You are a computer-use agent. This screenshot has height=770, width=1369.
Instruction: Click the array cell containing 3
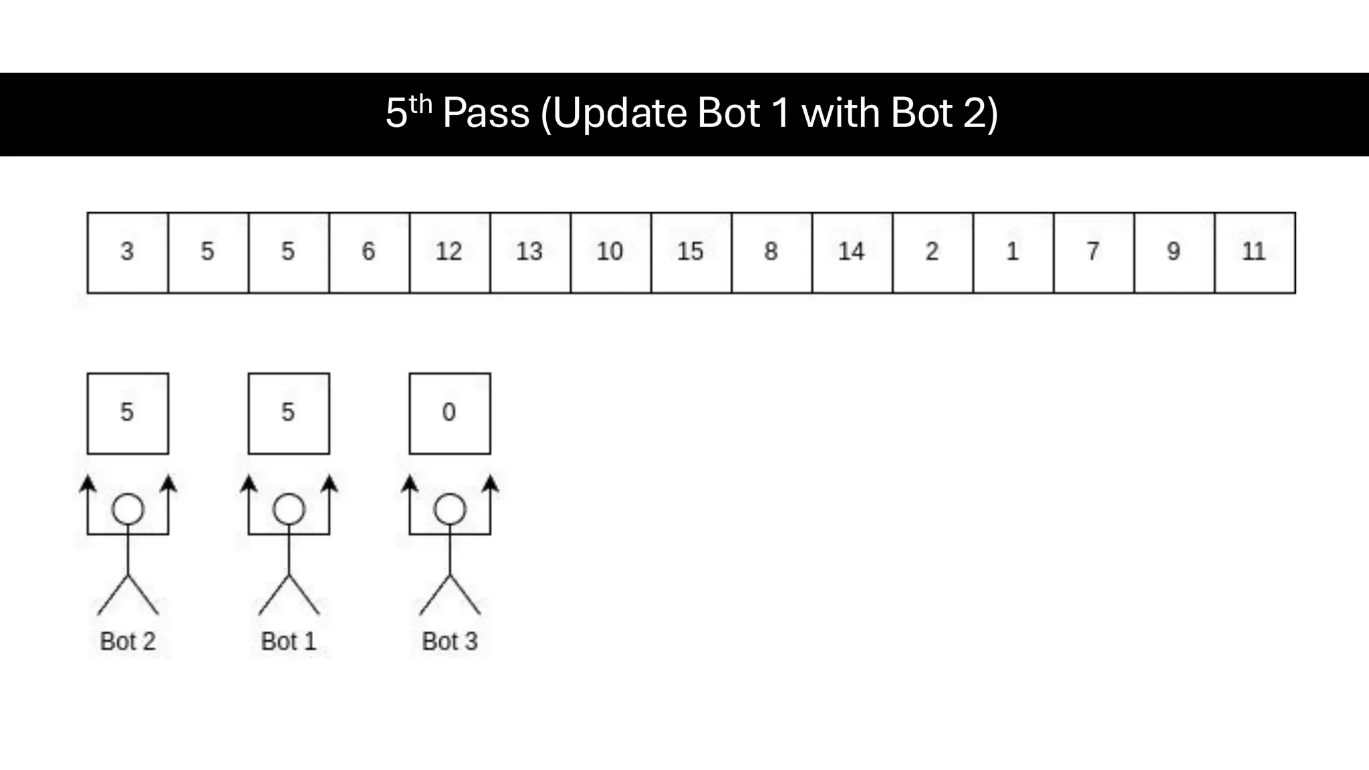pos(127,253)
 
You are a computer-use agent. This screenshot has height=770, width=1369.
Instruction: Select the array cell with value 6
pos(369,253)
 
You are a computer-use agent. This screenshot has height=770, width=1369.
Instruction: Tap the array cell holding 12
pos(449,253)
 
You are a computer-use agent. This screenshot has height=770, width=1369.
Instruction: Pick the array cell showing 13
pos(530,253)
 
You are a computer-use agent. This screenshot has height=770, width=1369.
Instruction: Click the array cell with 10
pos(610,253)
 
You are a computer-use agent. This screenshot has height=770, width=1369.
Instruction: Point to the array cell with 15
pos(691,253)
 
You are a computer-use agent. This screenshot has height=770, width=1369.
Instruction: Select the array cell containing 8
pos(771,253)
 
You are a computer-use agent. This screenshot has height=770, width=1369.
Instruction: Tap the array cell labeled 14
pos(852,253)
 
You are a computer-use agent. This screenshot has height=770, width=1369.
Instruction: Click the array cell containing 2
pos(932,253)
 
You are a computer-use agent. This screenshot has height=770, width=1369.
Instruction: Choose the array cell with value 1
pos(1013,253)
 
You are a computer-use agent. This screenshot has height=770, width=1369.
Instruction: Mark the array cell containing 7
pos(1094,253)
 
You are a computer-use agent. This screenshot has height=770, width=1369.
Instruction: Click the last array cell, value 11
pos(1255,253)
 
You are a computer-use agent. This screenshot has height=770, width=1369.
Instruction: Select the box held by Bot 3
pos(449,413)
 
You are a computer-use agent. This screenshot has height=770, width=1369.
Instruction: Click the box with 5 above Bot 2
pos(127,413)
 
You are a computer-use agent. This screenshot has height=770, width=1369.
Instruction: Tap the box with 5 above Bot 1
pos(288,413)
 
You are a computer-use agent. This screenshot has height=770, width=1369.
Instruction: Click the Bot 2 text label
pos(127,642)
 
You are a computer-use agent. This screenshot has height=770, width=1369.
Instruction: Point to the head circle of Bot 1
pos(289,509)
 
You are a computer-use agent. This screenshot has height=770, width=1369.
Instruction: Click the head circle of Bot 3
pos(450,509)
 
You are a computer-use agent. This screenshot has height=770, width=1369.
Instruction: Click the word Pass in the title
pos(486,114)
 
